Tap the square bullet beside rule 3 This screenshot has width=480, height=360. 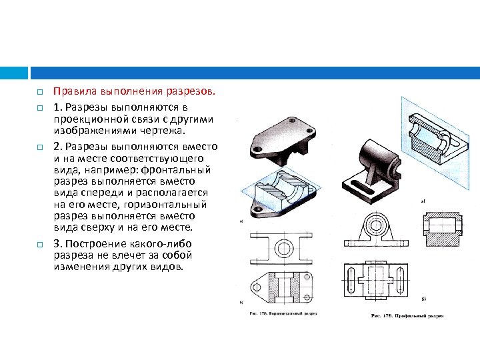(40, 245)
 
